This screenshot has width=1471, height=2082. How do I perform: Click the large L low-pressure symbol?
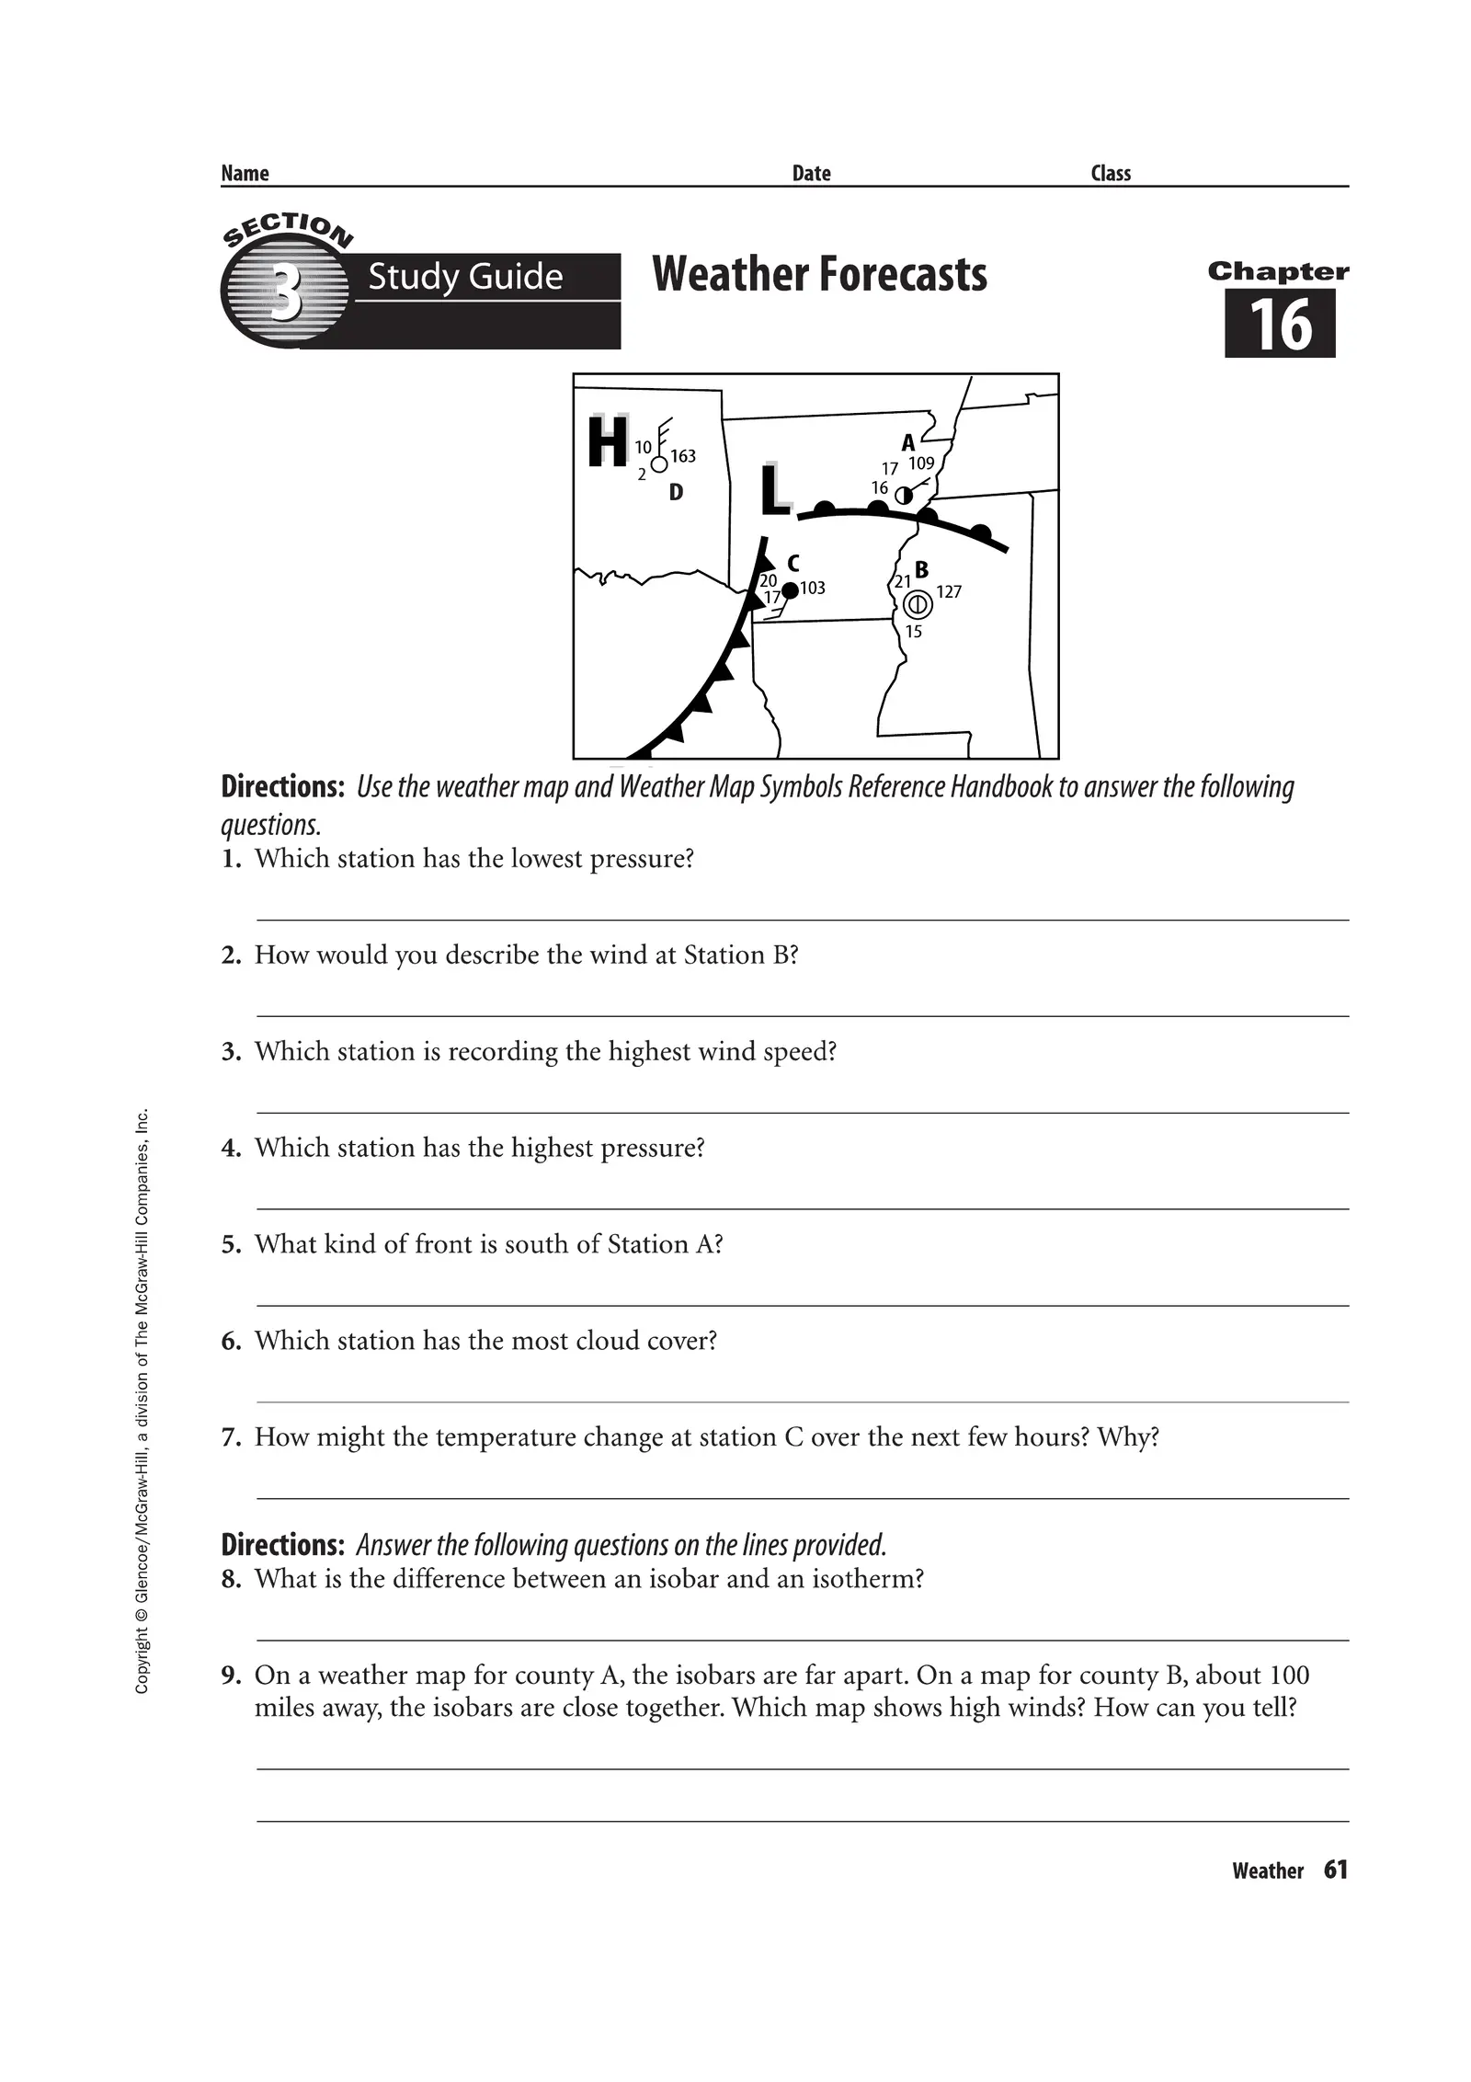[775, 490]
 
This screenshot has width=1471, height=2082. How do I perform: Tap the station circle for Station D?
[659, 464]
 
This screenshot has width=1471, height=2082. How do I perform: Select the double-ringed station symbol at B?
[918, 604]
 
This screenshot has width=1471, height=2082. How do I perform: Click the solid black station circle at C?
[790, 590]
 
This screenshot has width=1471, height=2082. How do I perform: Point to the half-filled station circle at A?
[904, 495]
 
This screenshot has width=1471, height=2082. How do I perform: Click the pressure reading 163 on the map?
[683, 456]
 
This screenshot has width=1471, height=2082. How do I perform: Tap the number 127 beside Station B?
[949, 591]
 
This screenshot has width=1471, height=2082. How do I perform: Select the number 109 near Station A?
[921, 463]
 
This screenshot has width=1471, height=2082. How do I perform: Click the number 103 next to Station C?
[813, 588]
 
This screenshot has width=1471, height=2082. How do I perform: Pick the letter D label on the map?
[676, 493]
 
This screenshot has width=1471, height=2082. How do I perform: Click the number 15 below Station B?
[913, 632]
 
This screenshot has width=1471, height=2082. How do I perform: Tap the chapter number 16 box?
[1280, 324]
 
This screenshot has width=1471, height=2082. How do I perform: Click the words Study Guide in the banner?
[465, 276]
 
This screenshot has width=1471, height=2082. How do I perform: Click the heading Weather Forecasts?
[819, 274]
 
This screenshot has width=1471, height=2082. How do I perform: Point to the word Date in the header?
[811, 174]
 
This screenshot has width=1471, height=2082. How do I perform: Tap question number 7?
[231, 1437]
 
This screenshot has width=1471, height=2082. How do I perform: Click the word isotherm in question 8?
[872, 1579]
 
